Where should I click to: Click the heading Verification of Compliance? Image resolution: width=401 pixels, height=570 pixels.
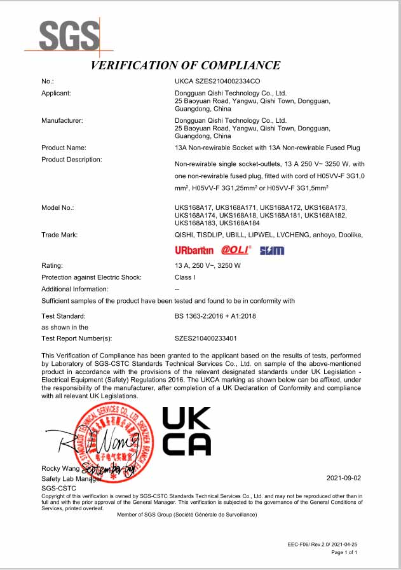click(185, 65)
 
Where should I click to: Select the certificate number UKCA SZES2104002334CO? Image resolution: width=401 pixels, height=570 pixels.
click(217, 81)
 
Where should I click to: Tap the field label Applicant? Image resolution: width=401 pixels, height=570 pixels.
click(55, 93)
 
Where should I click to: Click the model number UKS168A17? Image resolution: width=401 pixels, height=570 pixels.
click(193, 208)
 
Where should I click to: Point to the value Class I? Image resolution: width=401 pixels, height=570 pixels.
click(184, 277)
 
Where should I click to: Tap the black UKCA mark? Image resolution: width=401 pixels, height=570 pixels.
click(186, 431)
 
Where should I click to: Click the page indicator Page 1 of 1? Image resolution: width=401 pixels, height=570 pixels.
click(345, 553)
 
